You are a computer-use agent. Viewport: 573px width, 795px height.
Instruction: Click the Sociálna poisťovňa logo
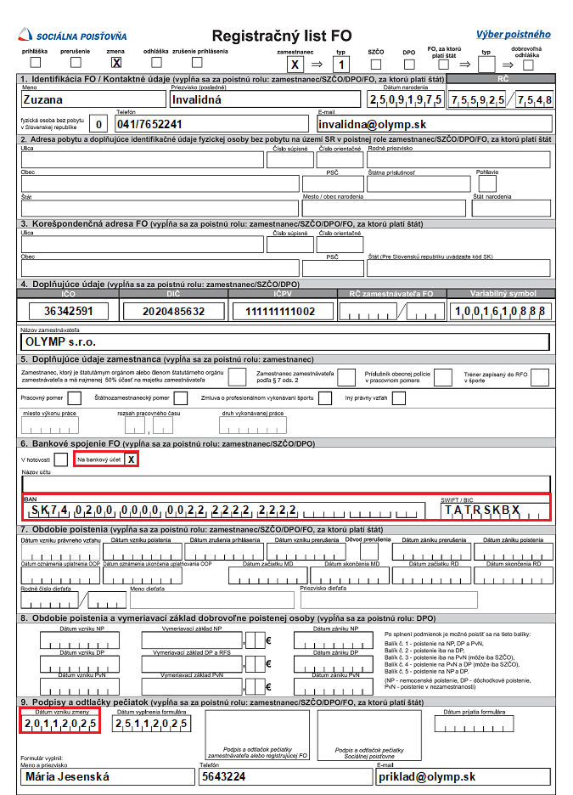click(74, 35)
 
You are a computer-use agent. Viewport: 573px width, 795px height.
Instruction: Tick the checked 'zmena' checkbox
click(116, 62)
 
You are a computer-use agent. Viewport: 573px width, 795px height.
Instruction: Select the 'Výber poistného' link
click(512, 35)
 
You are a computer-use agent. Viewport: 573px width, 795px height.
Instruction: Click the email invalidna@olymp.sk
click(433, 124)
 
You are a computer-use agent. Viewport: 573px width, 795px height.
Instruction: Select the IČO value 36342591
click(70, 311)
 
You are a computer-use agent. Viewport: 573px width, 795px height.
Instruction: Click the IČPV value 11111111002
click(279, 311)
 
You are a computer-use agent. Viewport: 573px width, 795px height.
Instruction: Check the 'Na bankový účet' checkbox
click(130, 460)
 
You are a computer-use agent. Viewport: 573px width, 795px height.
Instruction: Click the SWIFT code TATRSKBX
click(482, 510)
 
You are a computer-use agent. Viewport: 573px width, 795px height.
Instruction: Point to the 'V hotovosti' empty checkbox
click(61, 460)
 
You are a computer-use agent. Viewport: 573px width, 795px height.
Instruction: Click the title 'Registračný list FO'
click(281, 36)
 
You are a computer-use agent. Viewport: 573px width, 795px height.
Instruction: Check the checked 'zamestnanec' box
click(295, 64)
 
